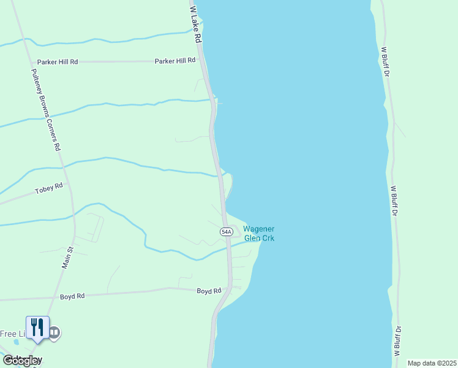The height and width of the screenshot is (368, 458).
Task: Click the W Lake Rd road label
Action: (x=195, y=25)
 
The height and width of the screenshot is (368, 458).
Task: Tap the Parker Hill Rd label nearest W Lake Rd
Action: (x=175, y=61)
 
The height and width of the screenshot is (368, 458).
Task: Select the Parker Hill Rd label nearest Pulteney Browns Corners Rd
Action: (x=58, y=62)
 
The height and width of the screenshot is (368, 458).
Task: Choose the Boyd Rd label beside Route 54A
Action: (x=209, y=291)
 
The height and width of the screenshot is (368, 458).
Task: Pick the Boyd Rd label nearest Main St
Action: (x=72, y=296)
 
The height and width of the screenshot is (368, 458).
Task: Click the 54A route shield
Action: (x=226, y=231)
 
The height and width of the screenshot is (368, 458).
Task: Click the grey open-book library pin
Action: (x=54, y=332)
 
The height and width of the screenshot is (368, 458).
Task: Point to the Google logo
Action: (x=22, y=360)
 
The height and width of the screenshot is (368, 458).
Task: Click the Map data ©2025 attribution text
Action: (x=432, y=363)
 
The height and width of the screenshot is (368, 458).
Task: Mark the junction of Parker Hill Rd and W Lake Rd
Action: (x=203, y=61)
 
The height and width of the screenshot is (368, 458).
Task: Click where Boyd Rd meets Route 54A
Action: (x=228, y=287)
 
